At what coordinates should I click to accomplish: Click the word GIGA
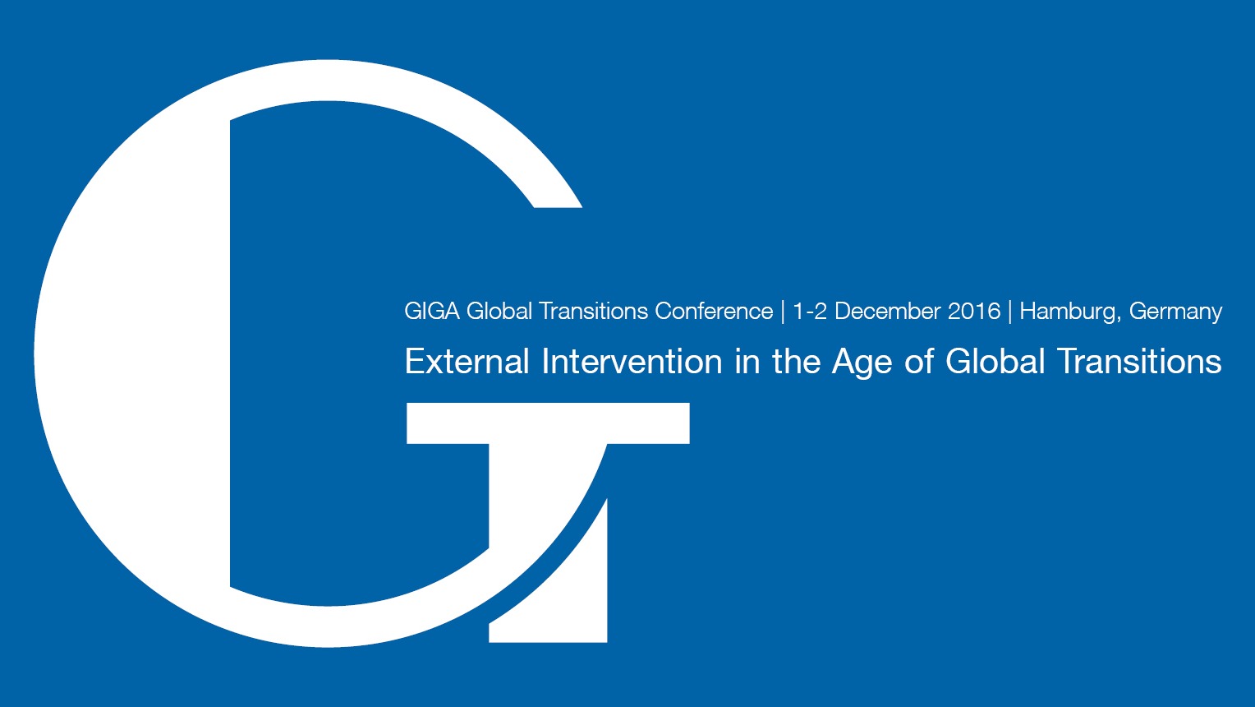432,312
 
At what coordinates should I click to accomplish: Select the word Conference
714,312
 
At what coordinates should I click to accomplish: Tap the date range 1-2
809,312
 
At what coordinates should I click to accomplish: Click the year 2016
974,312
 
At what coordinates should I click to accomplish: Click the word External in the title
467,362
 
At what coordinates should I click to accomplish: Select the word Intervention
632,362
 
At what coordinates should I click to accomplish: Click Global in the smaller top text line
499,312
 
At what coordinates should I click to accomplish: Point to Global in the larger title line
995,362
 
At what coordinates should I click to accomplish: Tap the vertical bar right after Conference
783,312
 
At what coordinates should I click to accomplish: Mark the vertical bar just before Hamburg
1010,312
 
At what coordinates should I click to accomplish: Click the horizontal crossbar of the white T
548,423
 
